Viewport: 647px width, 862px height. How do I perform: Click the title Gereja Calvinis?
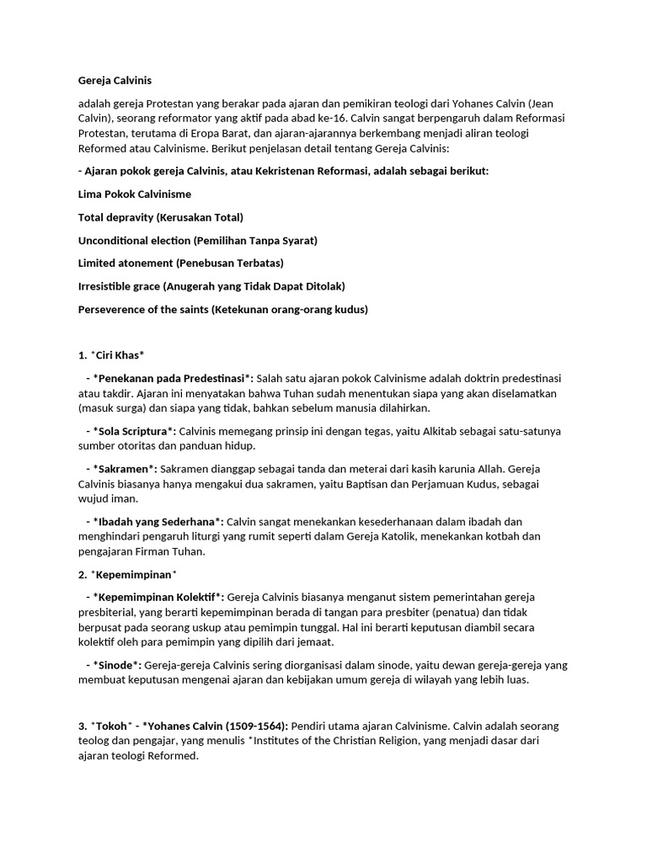[x=115, y=81]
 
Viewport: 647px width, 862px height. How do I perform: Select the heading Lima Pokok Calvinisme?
[x=134, y=194]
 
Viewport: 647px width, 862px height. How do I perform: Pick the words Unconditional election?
[x=134, y=241]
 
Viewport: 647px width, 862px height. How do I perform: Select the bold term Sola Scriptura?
[x=135, y=431]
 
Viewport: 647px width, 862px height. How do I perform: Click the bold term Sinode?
[x=117, y=665]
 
